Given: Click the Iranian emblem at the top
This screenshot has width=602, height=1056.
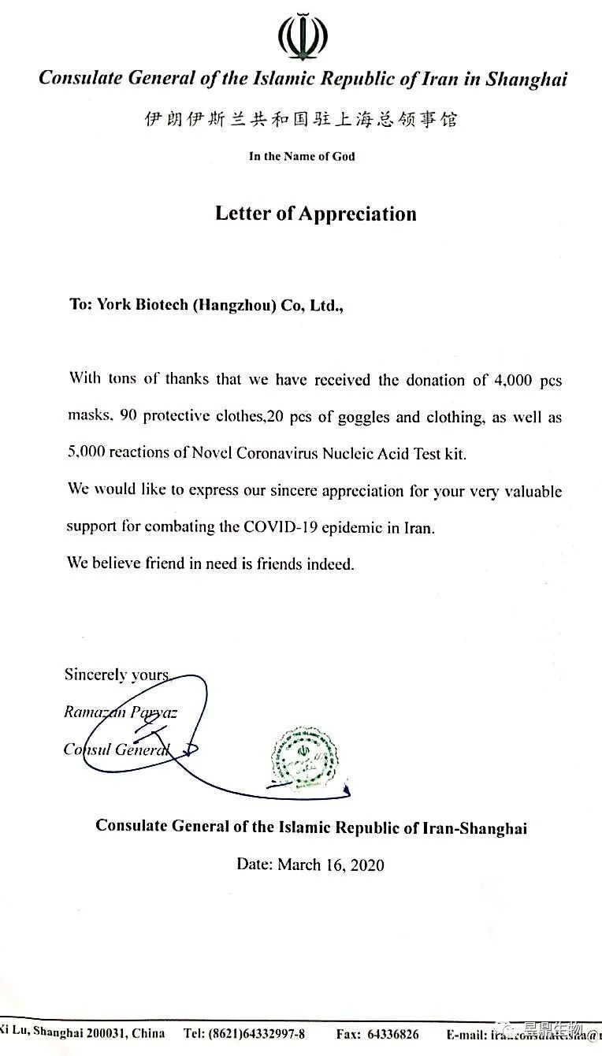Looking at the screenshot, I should click(302, 36).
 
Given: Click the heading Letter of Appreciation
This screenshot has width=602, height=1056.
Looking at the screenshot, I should click(315, 214).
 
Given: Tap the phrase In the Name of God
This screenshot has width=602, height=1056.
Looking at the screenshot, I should click(302, 156).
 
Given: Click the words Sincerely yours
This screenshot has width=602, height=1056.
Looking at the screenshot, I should click(117, 675).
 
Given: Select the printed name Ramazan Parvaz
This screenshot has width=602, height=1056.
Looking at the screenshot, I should click(120, 712).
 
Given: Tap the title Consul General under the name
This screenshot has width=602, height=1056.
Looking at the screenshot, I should click(117, 749).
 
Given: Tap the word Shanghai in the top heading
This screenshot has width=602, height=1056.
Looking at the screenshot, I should click(526, 79).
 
